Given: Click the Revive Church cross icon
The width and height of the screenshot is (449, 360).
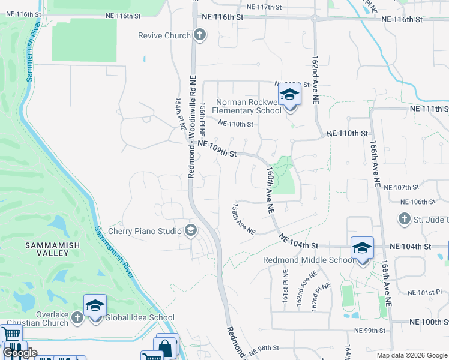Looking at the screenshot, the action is (200, 35).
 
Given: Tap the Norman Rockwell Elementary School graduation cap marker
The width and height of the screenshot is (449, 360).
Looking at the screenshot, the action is (289, 96).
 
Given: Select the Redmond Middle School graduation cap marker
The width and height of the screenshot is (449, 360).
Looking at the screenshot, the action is (363, 249).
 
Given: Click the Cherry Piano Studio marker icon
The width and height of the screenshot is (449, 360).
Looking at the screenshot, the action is (191, 231).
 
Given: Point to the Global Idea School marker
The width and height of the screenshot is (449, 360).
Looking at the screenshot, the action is (95, 307).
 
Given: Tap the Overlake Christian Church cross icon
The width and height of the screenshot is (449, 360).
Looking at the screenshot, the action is (77, 317).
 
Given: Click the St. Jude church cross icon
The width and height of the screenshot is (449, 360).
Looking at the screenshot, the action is (405, 219).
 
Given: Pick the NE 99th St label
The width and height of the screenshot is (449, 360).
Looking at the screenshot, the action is (369, 331).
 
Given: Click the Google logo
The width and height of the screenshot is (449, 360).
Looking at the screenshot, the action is (20, 353).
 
